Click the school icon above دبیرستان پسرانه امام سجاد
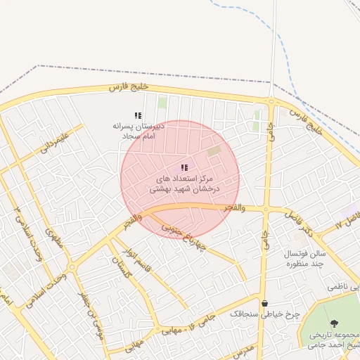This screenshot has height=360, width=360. (x=139, y=115)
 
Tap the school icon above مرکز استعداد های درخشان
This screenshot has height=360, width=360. (x=184, y=167)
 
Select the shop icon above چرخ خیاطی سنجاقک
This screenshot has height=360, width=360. (x=264, y=304)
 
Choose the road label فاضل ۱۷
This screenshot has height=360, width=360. (x=347, y=222)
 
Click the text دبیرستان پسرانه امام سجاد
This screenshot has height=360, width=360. (x=139, y=129)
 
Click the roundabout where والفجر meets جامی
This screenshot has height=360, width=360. (x=266, y=210)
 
